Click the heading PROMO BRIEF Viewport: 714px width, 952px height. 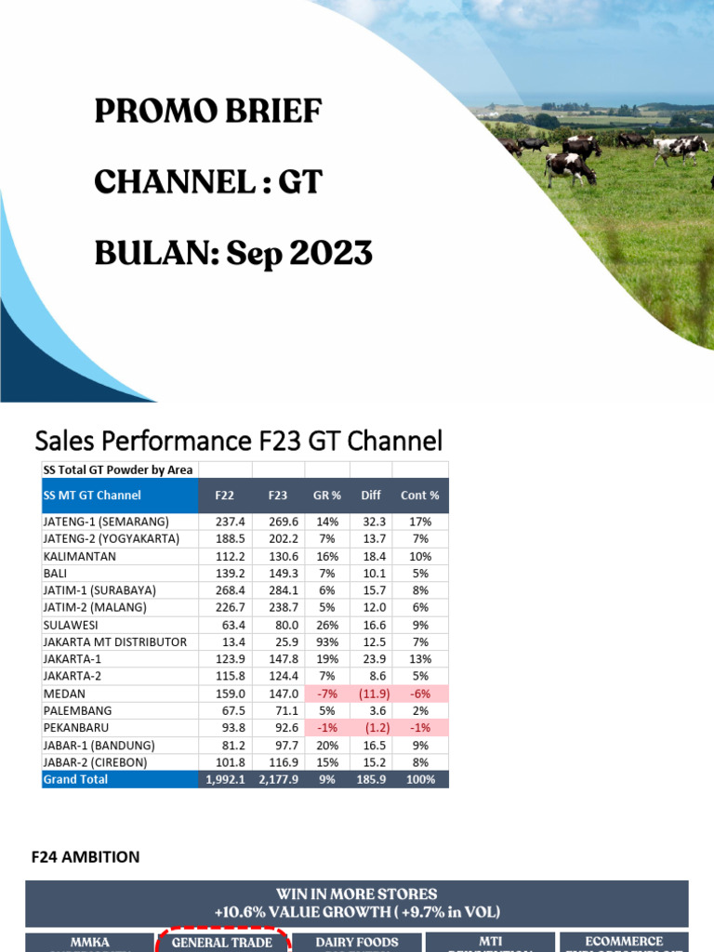click(208, 112)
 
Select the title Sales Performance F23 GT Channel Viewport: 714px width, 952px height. click(238, 440)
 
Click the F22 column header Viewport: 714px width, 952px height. click(224, 496)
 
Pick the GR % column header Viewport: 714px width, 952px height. click(326, 496)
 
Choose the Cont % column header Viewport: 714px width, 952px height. click(419, 496)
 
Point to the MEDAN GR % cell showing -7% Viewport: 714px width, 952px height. click(326, 694)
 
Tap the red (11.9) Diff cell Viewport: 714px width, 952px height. click(371, 694)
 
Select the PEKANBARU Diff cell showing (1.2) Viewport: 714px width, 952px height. click(371, 728)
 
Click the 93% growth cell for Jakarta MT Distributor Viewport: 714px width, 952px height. click(326, 642)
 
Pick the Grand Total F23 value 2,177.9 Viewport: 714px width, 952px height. click(278, 779)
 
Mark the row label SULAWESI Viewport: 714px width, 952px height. click(72, 625)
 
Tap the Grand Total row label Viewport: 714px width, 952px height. click(75, 779)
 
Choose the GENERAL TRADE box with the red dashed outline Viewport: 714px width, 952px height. click(222, 942)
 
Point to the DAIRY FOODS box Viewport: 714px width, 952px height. click(357, 942)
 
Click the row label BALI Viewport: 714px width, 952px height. click(55, 574)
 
